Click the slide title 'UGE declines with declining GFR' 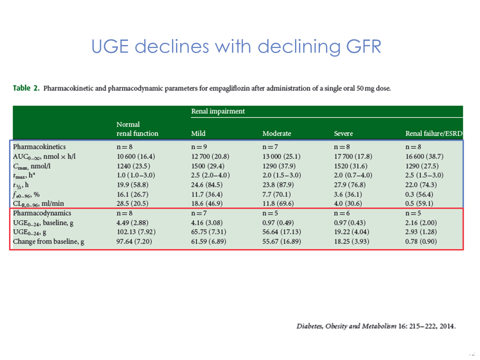point(236,46)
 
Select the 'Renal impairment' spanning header point(218,111)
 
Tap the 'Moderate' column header point(276,133)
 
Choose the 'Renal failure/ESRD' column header point(433,133)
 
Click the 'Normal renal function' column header point(137,128)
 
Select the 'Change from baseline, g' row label point(48,242)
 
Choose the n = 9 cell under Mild point(199,147)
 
